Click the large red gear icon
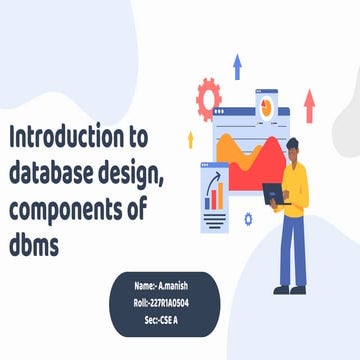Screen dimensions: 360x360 [x=209, y=97]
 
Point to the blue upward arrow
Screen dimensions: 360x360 [x=237, y=67]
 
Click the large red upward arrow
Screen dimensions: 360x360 [x=309, y=104]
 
